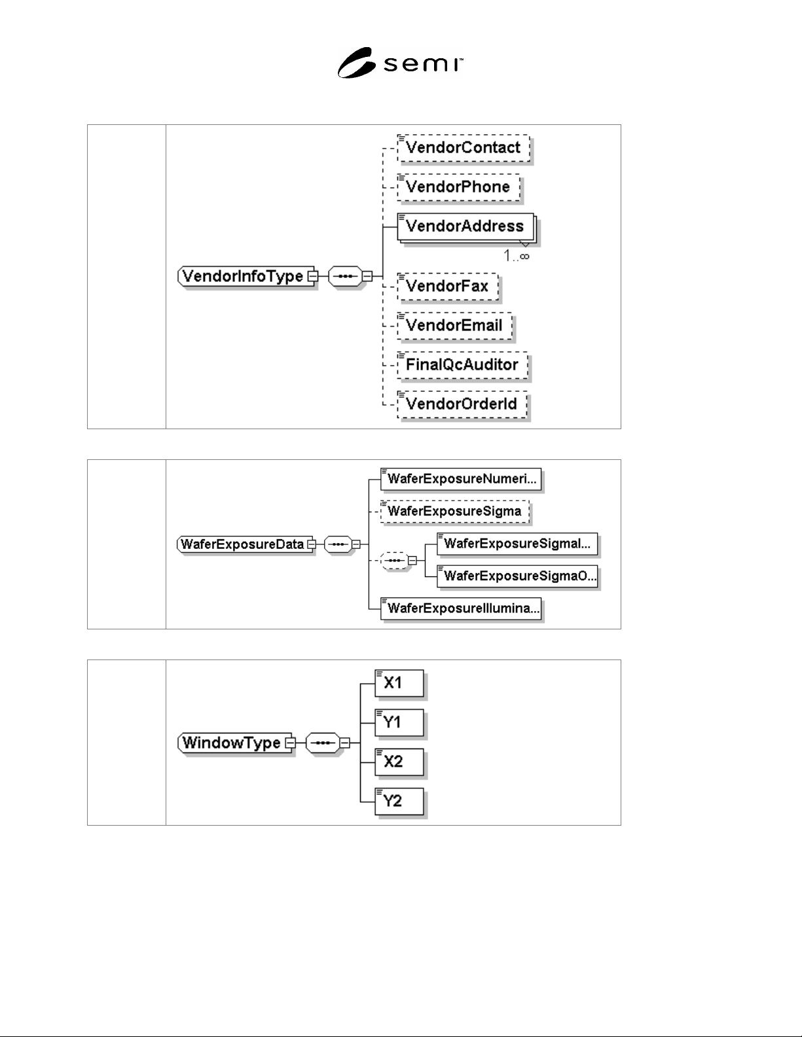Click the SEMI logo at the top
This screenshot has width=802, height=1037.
pos(400,63)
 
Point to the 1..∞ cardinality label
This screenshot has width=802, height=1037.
pos(517,256)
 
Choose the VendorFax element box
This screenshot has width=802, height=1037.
pos(448,287)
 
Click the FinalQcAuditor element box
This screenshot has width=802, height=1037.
pos(463,365)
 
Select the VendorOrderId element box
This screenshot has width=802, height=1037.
pos(462,404)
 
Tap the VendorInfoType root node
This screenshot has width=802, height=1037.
pos(246,276)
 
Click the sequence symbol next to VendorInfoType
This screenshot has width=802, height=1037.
pos(345,276)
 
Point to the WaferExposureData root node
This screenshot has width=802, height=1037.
pos(245,544)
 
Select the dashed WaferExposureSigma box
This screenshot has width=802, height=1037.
pos(456,511)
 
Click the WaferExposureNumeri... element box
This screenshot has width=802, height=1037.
pos(461,479)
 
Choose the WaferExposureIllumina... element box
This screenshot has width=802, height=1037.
pos(461,608)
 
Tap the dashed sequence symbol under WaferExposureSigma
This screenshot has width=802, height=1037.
pos(394,560)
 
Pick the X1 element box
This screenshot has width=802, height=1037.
pos(399,683)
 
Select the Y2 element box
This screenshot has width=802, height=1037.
pos(399,801)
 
